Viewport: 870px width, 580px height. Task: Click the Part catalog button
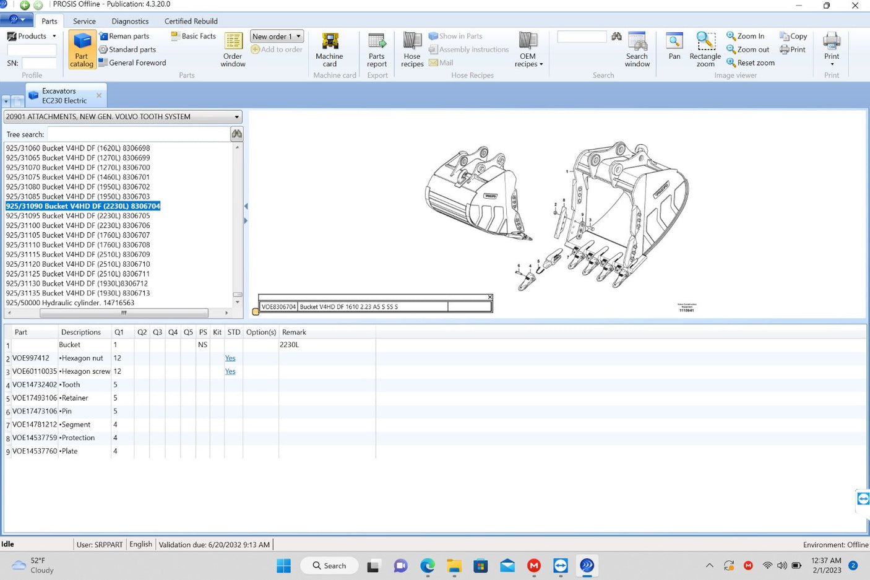click(x=82, y=50)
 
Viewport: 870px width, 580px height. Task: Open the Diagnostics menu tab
click(x=130, y=21)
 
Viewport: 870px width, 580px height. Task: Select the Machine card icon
click(x=329, y=50)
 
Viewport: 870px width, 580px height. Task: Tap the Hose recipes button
click(x=412, y=50)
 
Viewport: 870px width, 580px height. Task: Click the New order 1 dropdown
click(x=277, y=37)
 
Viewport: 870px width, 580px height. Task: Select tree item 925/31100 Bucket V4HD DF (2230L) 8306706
click(x=78, y=225)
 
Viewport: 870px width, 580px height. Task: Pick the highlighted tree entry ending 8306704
click(x=83, y=206)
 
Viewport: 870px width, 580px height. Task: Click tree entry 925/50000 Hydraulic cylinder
click(x=70, y=303)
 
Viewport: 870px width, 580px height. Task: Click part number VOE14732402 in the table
click(x=35, y=384)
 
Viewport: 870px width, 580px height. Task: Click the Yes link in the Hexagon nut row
click(x=230, y=358)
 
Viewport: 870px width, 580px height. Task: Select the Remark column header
click(x=294, y=332)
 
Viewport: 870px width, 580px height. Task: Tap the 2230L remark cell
click(x=289, y=345)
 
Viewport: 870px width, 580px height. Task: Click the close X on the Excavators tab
click(x=99, y=95)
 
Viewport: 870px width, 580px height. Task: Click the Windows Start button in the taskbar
click(x=283, y=565)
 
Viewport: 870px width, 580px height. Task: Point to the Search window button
click(x=637, y=50)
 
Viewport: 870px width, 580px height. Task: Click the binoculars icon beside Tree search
click(x=236, y=134)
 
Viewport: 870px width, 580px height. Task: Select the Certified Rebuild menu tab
click(x=191, y=21)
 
